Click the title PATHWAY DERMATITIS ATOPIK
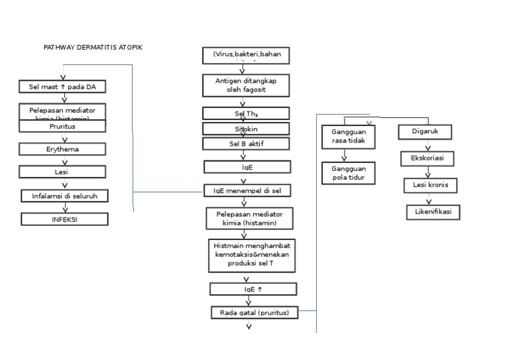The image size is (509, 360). pos(93,48)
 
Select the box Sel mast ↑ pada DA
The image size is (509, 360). pos(62,87)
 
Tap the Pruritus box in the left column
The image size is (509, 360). pos(62,126)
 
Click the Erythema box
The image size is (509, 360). pos(62,149)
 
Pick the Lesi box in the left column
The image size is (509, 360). pos(62,172)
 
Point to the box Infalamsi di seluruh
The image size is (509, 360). pos(64,196)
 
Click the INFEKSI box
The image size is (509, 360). pos(64,219)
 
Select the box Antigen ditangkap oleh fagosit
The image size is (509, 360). pos(246,86)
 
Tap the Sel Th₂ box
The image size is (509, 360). pos(246,113)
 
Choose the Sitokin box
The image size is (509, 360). pos(246,129)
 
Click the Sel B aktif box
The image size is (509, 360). pos(246,143)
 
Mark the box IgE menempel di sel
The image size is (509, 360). pos(247,190)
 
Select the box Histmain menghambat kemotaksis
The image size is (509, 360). pos(252,255)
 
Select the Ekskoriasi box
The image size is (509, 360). pos(427,159)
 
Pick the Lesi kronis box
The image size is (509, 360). pos(431,185)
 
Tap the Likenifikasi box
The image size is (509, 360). pos(433,212)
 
